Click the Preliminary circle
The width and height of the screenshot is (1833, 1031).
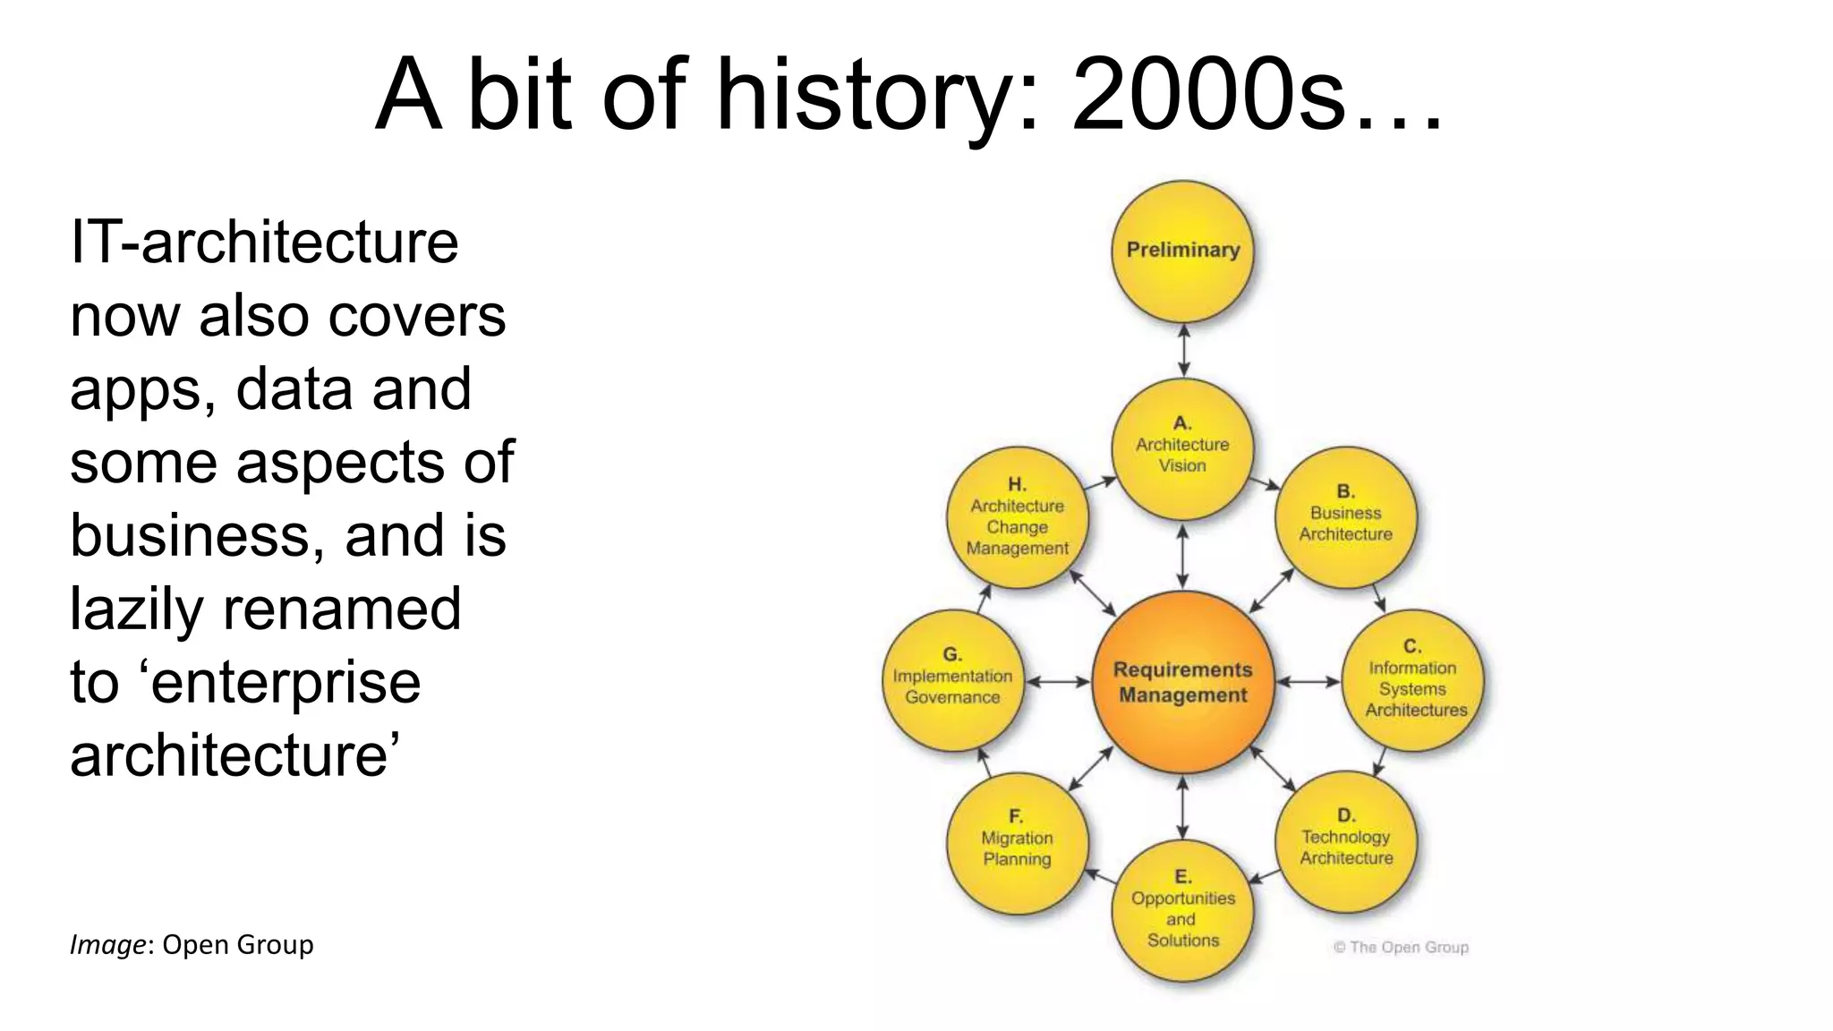pos(1182,251)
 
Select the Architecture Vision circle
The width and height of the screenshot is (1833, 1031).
pos(1182,447)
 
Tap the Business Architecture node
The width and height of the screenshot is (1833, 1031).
pos(1345,517)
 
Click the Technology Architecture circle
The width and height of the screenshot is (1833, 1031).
pos(1345,841)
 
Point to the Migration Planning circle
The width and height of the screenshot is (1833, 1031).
pos(1018,842)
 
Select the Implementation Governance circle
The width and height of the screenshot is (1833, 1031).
pos(953,681)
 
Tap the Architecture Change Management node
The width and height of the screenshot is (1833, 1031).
pos(1018,518)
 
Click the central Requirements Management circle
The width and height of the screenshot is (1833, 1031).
pos(1182,682)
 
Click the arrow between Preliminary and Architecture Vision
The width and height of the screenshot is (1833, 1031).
pos(1183,350)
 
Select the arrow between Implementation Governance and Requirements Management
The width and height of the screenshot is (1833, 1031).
pos(1058,682)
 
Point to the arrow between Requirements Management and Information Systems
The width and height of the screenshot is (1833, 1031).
pos(1308,682)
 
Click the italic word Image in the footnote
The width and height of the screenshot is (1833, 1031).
pos(107,945)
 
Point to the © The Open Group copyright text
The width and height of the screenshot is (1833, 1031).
pos(1401,947)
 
